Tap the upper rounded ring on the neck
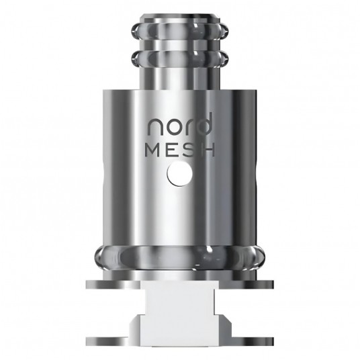tap(179, 34)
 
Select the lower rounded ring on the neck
tap(179, 58)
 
